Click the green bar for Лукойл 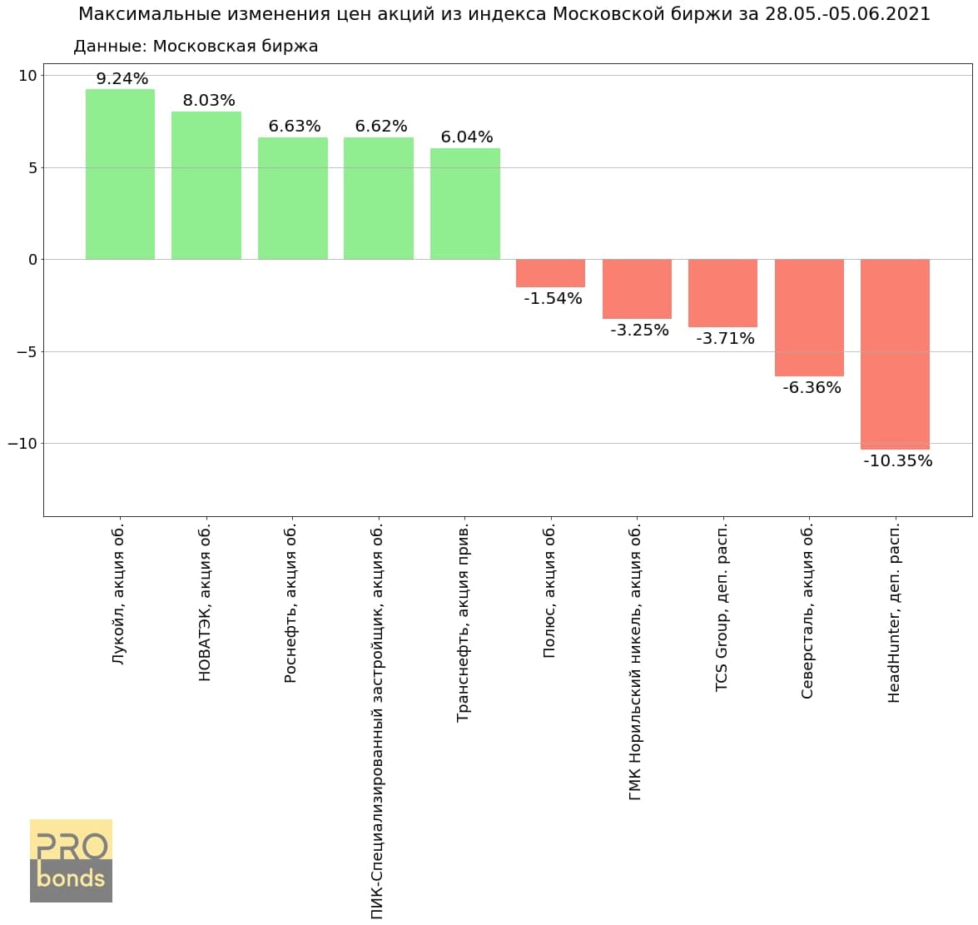coord(120,174)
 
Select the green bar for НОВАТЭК coord(206,185)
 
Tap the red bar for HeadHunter coord(895,354)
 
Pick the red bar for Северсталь coord(809,317)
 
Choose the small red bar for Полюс coord(550,273)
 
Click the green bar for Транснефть coord(464,203)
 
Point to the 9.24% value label coord(122,79)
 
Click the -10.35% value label coord(897,460)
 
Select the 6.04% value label coord(467,137)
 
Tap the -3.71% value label coord(725,338)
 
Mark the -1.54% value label coord(553,298)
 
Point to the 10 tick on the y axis coord(28,76)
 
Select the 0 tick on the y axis coord(32,260)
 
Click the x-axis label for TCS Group coord(722,607)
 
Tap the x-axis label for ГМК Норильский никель coord(636,662)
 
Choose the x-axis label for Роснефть coord(290,604)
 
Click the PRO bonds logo coord(71,860)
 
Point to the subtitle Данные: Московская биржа coord(196,47)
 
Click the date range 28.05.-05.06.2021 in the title coord(847,14)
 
